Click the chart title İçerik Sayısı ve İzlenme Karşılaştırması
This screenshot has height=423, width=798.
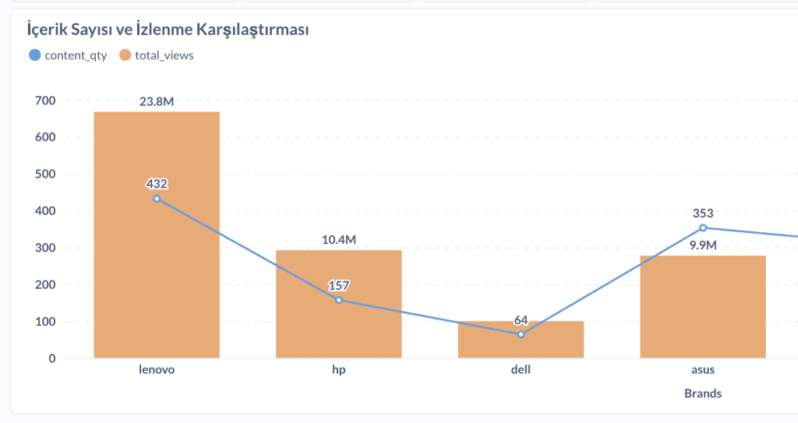[168, 30]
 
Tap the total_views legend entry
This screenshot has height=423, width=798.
[157, 55]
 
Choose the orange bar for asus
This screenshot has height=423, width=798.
[703, 312]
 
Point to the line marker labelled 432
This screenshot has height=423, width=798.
[157, 199]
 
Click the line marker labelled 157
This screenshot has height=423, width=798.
[338, 300]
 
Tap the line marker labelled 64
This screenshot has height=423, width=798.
[521, 334]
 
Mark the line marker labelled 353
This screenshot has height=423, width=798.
[703, 227]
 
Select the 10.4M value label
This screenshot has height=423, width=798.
[339, 239]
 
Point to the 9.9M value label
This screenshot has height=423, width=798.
[703, 245]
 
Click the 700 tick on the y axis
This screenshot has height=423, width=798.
[45, 100]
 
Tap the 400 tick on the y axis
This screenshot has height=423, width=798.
[45, 211]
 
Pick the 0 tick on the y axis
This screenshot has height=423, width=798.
[51, 358]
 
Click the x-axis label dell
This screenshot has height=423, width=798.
[521, 369]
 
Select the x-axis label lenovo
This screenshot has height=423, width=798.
[157, 369]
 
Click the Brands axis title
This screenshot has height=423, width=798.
[703, 393]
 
